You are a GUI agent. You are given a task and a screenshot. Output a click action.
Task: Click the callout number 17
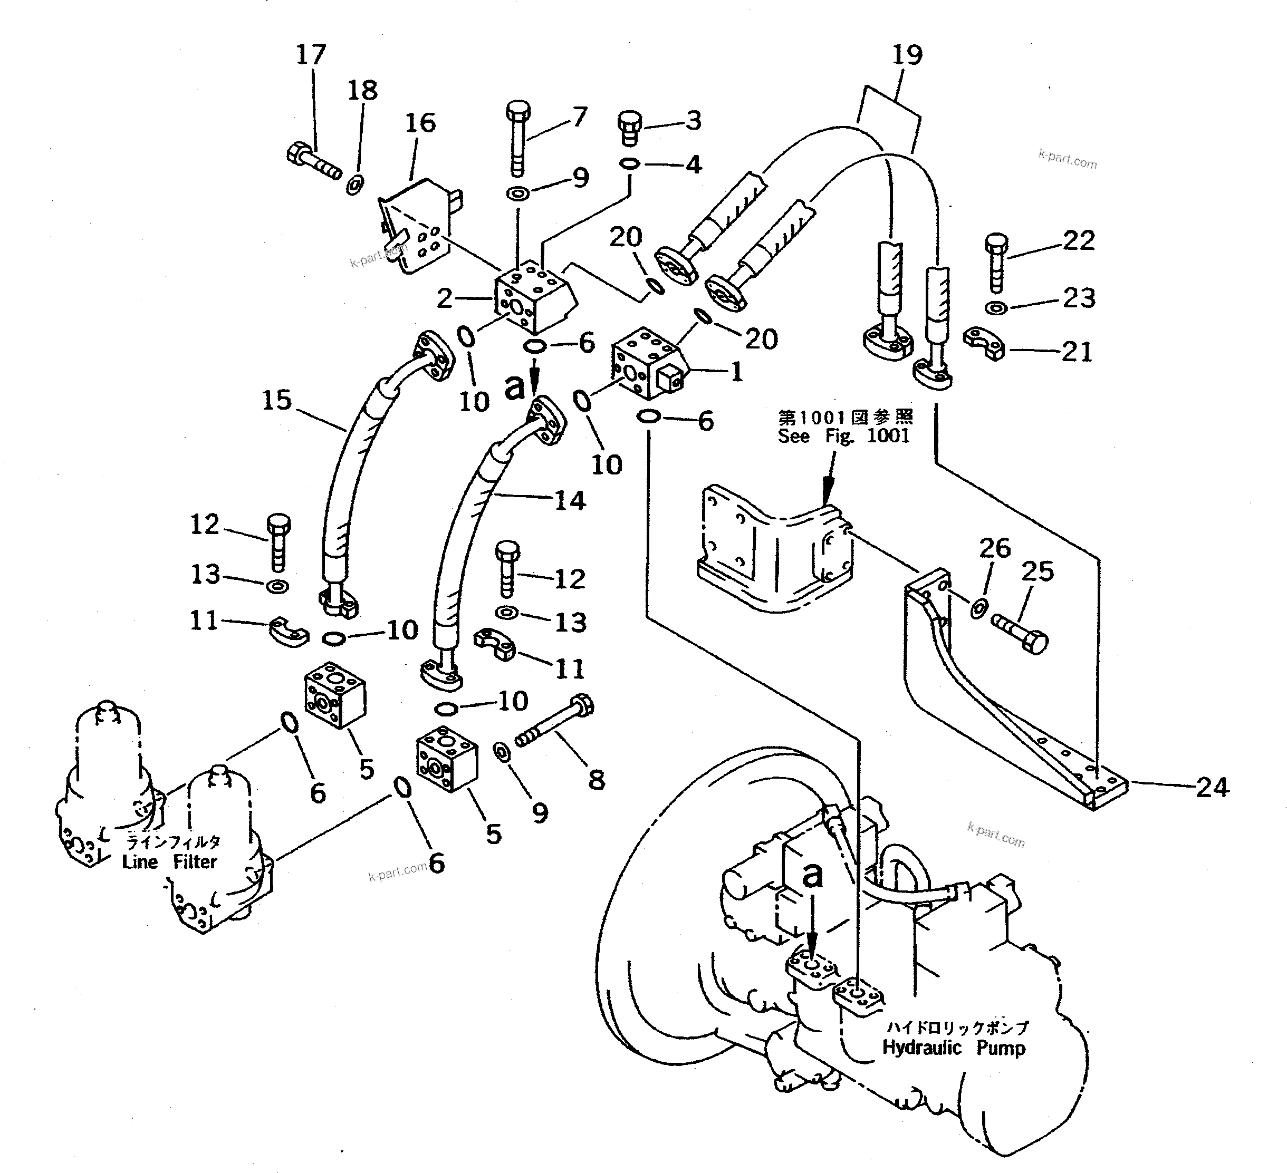pyautogui.click(x=311, y=55)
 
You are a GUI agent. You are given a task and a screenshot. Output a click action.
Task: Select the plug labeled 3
pyautogui.click(x=629, y=128)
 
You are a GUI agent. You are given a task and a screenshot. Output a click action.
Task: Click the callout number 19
pyautogui.click(x=907, y=55)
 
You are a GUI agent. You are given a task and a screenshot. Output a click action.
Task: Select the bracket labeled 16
pyautogui.click(x=415, y=230)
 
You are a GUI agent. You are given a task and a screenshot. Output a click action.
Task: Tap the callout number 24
pyautogui.click(x=1212, y=788)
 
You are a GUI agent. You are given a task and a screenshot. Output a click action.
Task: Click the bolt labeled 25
pyautogui.click(x=1020, y=632)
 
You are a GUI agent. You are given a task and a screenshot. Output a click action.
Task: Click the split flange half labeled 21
pyautogui.click(x=984, y=343)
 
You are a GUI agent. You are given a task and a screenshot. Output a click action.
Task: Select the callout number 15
pyautogui.click(x=276, y=401)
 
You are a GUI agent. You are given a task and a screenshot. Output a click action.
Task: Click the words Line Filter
pyautogui.click(x=170, y=861)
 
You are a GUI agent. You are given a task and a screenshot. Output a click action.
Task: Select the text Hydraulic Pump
pyautogui.click(x=954, y=1048)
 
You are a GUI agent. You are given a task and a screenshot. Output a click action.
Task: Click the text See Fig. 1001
pyautogui.click(x=843, y=437)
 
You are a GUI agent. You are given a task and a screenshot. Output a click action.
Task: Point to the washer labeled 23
pyautogui.click(x=995, y=308)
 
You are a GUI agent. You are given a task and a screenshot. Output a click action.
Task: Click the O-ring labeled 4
pyautogui.click(x=629, y=164)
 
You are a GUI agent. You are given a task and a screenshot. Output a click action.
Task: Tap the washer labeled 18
pyautogui.click(x=354, y=186)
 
